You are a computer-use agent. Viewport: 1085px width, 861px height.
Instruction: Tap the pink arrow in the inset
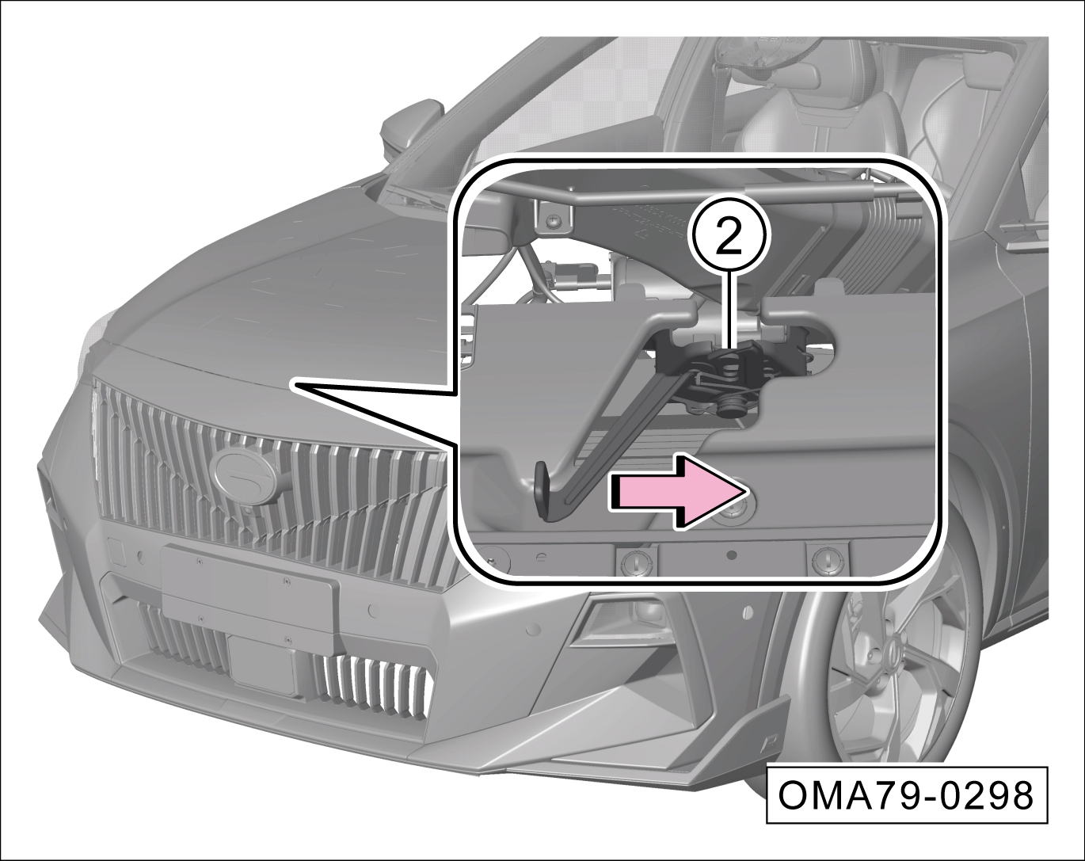click(679, 491)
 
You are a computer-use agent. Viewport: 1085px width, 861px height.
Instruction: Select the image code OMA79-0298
click(906, 795)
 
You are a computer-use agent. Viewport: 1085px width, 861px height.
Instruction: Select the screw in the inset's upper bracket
click(554, 220)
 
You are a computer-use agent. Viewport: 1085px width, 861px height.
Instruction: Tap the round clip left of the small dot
click(636, 561)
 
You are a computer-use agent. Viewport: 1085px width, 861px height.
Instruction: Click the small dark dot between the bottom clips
click(733, 554)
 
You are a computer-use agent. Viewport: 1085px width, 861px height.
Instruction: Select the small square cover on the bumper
click(116, 552)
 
